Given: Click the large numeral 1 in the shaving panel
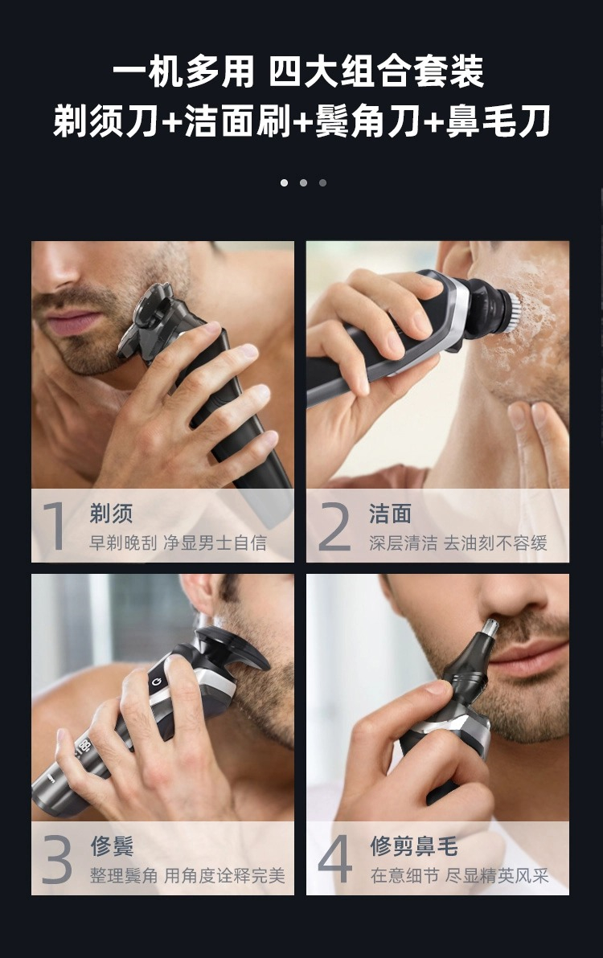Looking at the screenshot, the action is (55, 526).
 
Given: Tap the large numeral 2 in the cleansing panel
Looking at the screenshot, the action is (334, 526).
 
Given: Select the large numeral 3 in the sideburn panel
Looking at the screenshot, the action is (56, 859).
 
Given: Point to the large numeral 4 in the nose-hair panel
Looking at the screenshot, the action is (334, 858).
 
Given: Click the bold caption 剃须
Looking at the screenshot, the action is (111, 514).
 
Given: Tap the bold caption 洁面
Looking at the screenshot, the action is (391, 514).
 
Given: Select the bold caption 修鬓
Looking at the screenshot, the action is (112, 846).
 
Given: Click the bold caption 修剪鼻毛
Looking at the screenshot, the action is (413, 846).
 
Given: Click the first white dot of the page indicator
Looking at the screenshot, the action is (284, 182).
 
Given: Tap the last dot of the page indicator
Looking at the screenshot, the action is (322, 182).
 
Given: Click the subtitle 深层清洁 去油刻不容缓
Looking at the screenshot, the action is (458, 542).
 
